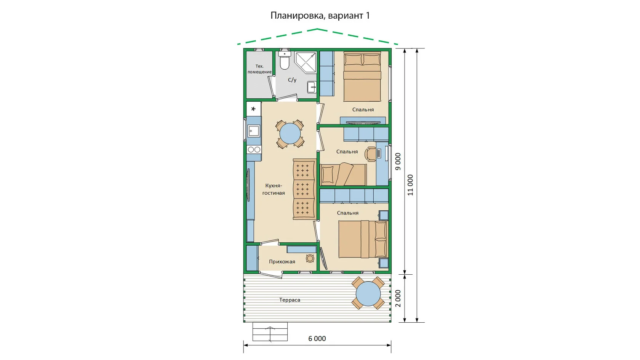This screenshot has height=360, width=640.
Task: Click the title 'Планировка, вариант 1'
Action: point(320,15)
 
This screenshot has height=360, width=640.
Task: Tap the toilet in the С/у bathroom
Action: point(285,60)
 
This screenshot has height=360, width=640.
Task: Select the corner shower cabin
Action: point(306,62)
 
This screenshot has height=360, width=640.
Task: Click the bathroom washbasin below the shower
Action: point(312,87)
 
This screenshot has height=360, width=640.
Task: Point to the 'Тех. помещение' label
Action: point(259,69)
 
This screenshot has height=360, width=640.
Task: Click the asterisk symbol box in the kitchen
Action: point(253,109)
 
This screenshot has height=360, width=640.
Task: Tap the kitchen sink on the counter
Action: point(254,131)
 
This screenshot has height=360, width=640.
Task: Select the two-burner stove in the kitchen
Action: point(254,149)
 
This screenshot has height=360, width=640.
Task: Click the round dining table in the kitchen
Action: point(290,134)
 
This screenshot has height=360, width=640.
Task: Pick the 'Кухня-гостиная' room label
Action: point(274,189)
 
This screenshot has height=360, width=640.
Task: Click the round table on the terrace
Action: point(368,294)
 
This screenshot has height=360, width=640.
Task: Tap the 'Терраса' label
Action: point(290,300)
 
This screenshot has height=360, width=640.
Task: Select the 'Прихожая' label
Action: point(282,262)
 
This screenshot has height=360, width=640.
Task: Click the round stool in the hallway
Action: point(310,259)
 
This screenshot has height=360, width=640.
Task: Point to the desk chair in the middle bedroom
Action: point(371,154)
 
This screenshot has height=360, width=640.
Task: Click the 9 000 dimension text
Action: point(398,162)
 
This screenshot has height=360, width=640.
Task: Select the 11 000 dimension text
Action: point(410,185)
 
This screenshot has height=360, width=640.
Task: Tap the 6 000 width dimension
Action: point(317,339)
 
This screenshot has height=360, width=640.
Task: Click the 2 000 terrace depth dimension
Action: point(398,299)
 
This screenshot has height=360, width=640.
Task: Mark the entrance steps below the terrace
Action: point(270,332)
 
